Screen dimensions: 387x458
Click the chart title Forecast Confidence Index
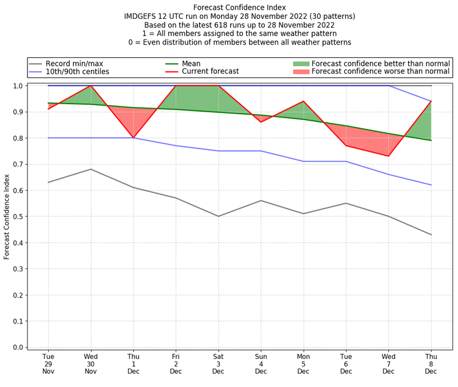239,7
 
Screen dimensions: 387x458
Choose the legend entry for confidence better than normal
381,64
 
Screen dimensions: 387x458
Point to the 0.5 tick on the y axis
17,216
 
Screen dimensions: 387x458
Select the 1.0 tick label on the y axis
17,86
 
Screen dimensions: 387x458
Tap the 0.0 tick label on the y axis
17,347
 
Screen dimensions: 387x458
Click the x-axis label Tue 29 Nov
48,365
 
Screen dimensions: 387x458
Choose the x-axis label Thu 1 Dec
133,365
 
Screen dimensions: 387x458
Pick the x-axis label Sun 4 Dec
261,365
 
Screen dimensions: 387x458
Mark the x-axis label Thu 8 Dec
431,365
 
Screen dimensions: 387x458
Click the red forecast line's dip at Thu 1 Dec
133,138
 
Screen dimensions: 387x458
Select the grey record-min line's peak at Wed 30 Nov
90,169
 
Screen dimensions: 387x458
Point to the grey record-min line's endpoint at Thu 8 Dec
431,235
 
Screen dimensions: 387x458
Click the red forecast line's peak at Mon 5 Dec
303,101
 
